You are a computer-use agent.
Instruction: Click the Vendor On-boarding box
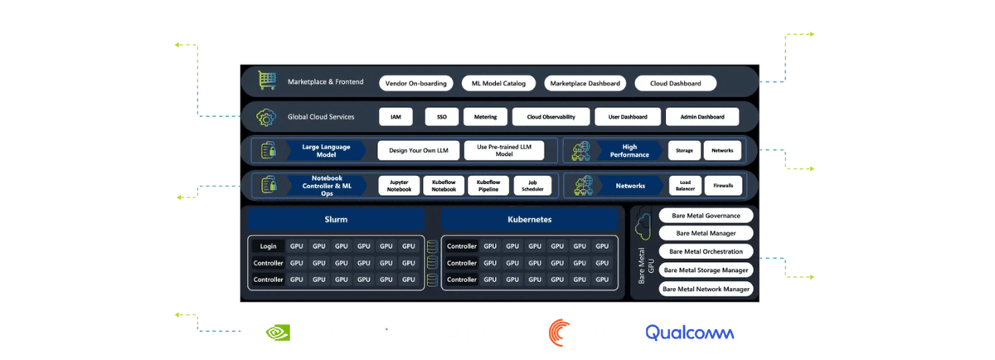[416, 83]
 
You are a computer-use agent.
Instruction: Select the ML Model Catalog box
[498, 83]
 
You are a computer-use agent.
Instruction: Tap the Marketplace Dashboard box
[585, 83]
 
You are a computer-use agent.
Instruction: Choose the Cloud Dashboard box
[675, 83]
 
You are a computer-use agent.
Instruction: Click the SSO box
[441, 117]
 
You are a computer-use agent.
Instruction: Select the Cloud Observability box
[544, 117]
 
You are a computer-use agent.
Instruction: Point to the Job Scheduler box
[532, 185]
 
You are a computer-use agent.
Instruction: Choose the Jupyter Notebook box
[399, 185]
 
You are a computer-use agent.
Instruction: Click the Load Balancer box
[685, 185]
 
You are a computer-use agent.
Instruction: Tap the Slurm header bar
[336, 220]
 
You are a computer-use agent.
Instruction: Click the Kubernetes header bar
[530, 220]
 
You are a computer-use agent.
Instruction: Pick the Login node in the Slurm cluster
[269, 246]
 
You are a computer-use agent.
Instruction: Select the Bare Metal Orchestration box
[706, 252]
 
